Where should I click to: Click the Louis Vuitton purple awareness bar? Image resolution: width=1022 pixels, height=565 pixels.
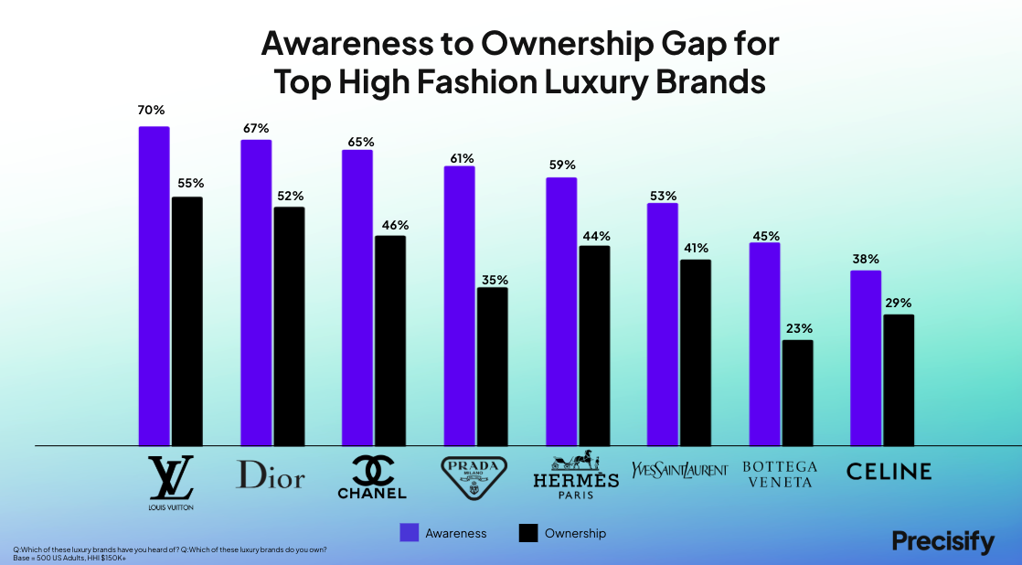tap(154, 286)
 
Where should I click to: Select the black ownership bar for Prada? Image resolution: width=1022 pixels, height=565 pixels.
tap(492, 367)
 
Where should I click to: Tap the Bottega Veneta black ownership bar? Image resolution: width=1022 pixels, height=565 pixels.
tap(797, 393)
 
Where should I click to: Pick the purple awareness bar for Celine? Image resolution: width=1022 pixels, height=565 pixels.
tap(866, 358)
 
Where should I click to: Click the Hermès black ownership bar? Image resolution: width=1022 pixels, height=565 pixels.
tap(594, 346)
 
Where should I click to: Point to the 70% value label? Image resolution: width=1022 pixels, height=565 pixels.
tap(151, 111)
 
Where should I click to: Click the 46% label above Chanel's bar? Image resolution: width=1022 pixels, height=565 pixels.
tap(395, 226)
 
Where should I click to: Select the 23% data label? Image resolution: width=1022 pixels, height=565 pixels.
tap(799, 329)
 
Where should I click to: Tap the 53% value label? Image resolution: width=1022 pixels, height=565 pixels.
tap(663, 197)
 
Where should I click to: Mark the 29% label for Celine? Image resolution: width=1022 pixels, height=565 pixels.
tap(899, 303)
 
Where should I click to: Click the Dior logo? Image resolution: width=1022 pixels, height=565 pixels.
tap(270, 474)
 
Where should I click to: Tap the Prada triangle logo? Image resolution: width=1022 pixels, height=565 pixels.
tap(474, 477)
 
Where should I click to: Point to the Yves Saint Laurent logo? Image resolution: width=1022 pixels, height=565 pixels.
tap(679, 470)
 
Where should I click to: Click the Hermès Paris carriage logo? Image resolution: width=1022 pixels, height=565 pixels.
tap(576, 474)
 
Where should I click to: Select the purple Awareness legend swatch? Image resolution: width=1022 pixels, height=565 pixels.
tap(410, 533)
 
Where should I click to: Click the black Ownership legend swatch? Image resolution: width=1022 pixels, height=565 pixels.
tap(528, 533)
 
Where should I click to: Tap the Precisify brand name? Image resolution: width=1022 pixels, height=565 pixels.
tap(943, 542)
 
